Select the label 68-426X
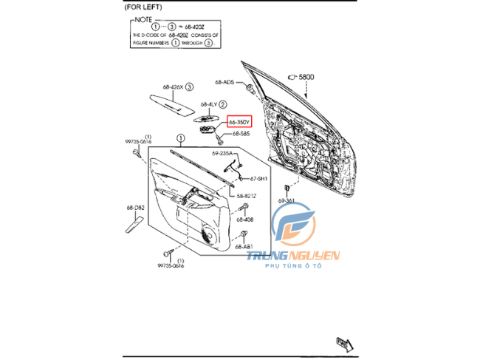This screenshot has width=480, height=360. click(x=173, y=86)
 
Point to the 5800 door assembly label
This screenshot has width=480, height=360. click(x=305, y=76)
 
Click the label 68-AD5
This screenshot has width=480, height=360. click(x=224, y=82)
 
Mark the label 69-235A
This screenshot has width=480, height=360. click(x=222, y=154)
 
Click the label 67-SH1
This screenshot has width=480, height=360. click(x=258, y=178)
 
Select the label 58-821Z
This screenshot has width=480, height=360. click(x=246, y=196)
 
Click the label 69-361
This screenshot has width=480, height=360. click(x=287, y=200)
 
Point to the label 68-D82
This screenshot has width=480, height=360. click(x=134, y=208)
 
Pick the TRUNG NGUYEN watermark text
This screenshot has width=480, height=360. click(x=293, y=257)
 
